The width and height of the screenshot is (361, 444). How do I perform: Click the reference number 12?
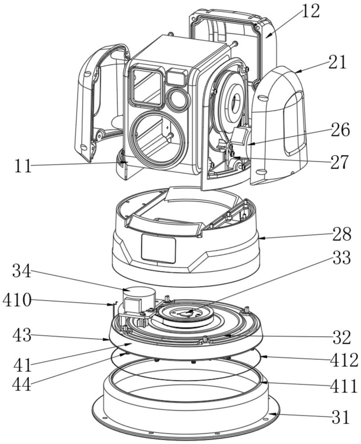click(x=310, y=11)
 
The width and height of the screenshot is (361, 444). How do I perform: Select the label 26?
click(x=340, y=130)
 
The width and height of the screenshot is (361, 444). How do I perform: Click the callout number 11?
click(x=22, y=166)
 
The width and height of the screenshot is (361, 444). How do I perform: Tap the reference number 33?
click(x=341, y=258)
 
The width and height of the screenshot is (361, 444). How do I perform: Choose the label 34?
click(x=21, y=271)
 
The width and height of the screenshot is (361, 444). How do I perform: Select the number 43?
click(x=21, y=335)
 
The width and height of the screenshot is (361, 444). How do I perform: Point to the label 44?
click(x=21, y=384)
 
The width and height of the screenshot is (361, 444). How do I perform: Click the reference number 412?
click(x=344, y=361)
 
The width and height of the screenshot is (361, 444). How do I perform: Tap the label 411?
click(x=344, y=386)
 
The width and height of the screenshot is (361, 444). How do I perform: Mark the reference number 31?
click(x=340, y=417)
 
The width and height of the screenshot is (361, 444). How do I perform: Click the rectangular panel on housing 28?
click(x=158, y=249)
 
